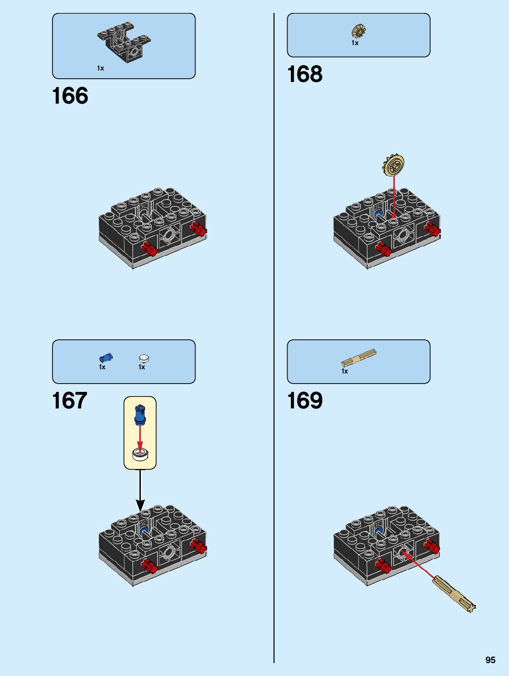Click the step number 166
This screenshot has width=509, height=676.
[x=70, y=96]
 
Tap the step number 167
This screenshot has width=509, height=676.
[x=69, y=401]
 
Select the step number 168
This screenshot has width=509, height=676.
[x=305, y=74]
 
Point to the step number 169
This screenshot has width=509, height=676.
[x=305, y=401]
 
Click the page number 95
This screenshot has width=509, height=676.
[x=490, y=660]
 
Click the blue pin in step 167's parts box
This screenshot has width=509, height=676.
[x=105, y=358]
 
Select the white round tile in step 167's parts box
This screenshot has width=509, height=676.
[x=144, y=358]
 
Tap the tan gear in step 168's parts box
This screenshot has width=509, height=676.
[x=359, y=31]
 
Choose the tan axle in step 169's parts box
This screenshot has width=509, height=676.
[x=359, y=358]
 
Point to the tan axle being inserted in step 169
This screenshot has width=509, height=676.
[x=453, y=594]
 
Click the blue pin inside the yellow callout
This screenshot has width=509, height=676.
[x=140, y=414]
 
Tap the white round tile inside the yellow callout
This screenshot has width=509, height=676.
[x=140, y=454]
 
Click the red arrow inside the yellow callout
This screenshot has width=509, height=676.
[x=140, y=437]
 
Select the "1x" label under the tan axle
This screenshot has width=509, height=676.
[x=345, y=371]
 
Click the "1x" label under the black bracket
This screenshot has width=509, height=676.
[x=100, y=68]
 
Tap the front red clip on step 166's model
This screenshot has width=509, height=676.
[x=149, y=249]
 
